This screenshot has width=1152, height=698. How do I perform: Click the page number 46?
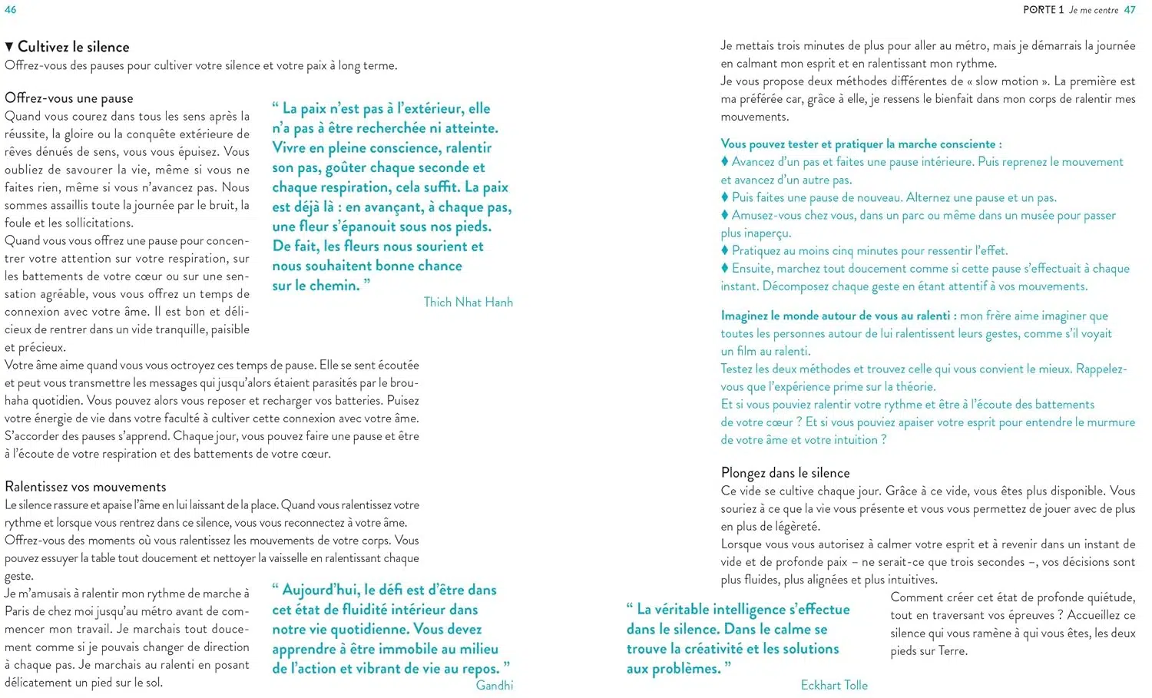coord(11,10)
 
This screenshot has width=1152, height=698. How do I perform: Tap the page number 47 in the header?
coord(1130,10)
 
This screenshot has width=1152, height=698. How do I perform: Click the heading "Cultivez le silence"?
coord(74,47)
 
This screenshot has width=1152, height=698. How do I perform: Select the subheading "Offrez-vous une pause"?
coord(69,98)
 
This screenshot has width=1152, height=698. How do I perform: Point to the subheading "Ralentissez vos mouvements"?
coord(85,487)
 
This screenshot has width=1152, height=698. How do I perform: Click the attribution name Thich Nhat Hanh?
coord(468,303)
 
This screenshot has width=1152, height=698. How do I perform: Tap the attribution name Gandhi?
coord(495,685)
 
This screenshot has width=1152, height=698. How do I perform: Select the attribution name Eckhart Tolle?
coord(834,685)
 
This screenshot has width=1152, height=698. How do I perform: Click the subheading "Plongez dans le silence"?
coord(785,473)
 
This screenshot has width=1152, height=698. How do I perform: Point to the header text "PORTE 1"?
coord(1043,10)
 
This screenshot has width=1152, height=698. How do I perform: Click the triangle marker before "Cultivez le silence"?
coord(9,48)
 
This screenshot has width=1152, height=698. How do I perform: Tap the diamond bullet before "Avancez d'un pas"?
coord(725,161)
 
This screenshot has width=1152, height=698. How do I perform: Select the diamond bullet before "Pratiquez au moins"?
coord(725,250)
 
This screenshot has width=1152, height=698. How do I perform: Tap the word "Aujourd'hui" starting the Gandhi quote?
coord(320,590)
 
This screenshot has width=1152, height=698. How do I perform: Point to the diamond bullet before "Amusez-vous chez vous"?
coord(725,215)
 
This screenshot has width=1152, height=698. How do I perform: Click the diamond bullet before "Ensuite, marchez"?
coord(725,268)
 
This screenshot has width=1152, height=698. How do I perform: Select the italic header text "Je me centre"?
coord(1094,10)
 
